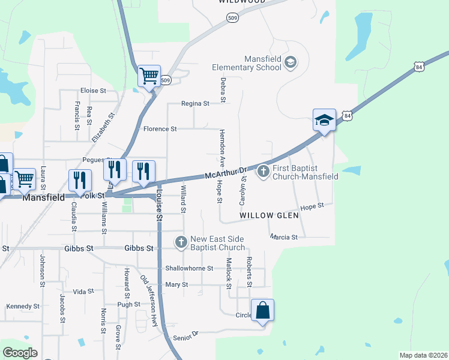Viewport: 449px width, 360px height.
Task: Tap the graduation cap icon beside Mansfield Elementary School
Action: (x=291, y=62)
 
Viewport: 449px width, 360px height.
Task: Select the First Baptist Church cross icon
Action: (x=263, y=172)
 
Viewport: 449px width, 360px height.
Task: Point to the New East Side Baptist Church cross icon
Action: (x=181, y=242)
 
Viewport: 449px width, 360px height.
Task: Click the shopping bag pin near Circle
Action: (x=262, y=311)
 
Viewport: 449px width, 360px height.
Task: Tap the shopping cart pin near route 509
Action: (x=148, y=76)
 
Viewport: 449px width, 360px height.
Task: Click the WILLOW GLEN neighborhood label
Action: (x=265, y=215)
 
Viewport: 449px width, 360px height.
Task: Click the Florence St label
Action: (x=160, y=129)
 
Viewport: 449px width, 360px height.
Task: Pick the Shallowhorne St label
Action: (x=189, y=268)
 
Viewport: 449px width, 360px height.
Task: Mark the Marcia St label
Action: (x=284, y=237)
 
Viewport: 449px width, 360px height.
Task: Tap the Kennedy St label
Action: (x=23, y=306)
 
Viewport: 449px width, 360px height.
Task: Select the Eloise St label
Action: (x=92, y=91)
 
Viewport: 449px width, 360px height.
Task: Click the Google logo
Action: (x=20, y=353)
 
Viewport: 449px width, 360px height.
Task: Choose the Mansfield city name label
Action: (x=43, y=196)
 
